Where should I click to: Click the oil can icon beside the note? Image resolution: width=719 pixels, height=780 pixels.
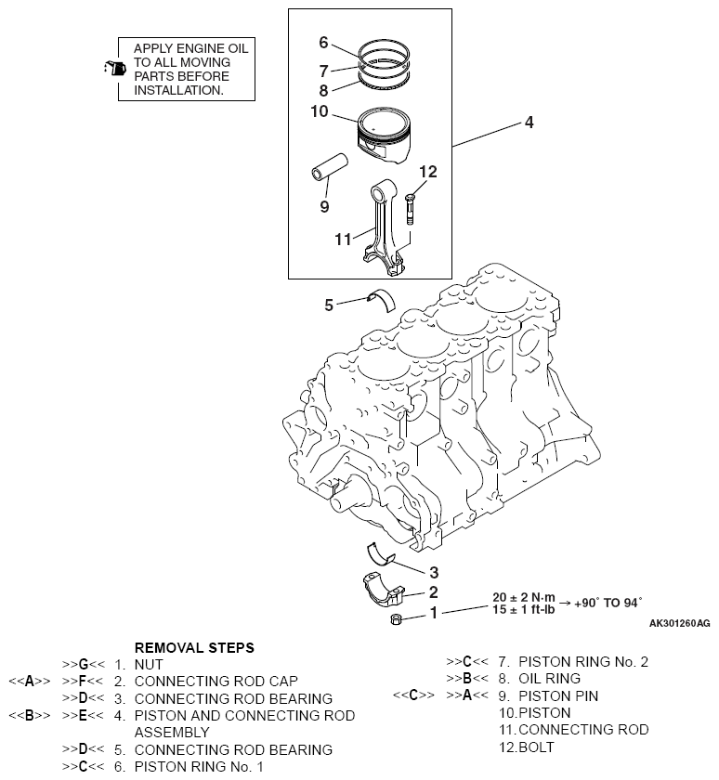(x=115, y=68)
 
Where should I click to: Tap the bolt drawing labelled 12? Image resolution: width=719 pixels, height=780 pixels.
(x=410, y=209)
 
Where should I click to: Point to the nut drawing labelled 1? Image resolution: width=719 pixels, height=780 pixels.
(x=396, y=619)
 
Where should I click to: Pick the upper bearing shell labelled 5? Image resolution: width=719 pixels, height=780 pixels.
(x=381, y=300)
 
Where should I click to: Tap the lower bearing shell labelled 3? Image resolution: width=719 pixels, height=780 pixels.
(x=380, y=554)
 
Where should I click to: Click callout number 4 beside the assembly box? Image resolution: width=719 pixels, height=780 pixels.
(x=529, y=123)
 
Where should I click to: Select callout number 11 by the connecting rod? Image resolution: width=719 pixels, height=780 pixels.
(x=343, y=240)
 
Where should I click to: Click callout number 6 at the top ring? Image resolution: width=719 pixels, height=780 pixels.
(x=323, y=43)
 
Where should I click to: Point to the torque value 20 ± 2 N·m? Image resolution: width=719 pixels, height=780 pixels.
(x=523, y=597)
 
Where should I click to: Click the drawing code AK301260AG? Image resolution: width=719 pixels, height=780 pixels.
(x=680, y=623)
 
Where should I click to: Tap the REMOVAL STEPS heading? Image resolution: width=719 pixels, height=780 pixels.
(x=194, y=648)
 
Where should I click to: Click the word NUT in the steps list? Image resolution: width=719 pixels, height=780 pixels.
(x=149, y=665)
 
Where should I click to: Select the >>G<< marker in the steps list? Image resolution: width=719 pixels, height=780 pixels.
(x=84, y=665)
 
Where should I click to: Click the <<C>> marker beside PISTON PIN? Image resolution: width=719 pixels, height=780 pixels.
(x=413, y=695)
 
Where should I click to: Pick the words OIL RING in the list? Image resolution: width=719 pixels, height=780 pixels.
(x=549, y=679)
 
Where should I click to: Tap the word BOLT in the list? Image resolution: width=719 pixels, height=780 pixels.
(x=536, y=747)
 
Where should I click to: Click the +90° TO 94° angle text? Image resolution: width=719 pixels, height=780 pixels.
(x=608, y=603)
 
